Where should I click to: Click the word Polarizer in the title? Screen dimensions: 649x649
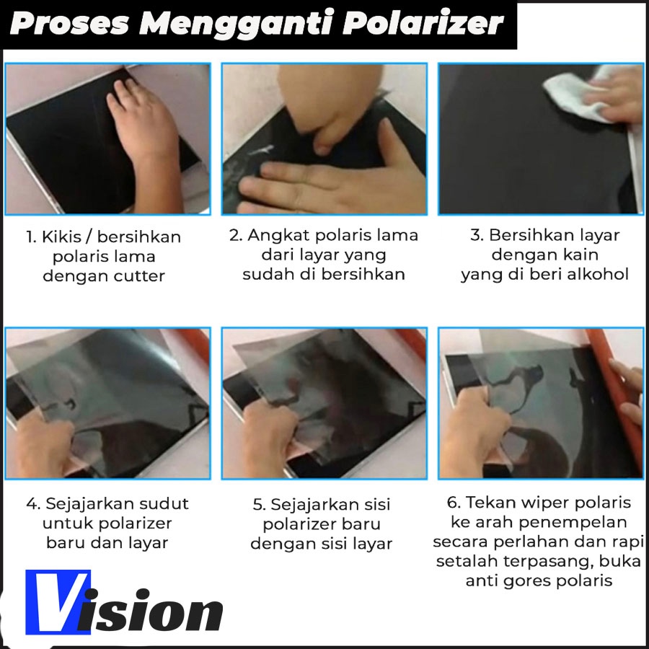pos(423,24)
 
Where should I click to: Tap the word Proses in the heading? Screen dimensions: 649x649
pos(69,23)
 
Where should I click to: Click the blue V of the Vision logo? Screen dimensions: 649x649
pos(58,602)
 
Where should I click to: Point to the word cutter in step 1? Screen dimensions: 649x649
pos(139,275)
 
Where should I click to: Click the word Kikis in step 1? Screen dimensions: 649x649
pos(61,237)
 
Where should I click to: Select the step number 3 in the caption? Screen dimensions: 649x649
pos(476,235)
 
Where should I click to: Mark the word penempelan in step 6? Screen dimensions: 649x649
pos(573,523)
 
